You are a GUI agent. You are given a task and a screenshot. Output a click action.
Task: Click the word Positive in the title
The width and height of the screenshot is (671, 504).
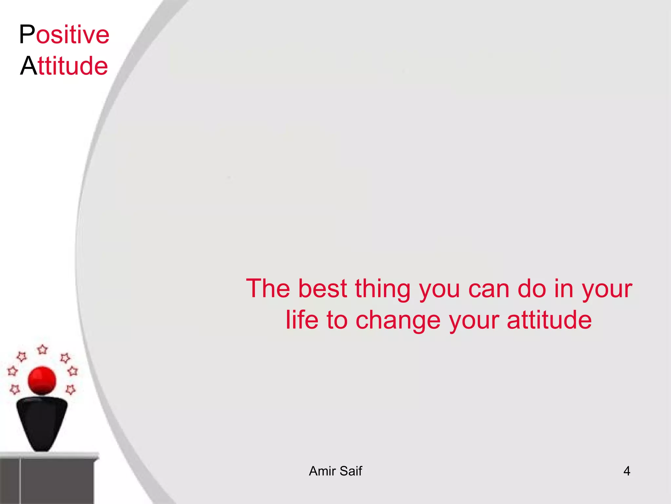tap(64, 34)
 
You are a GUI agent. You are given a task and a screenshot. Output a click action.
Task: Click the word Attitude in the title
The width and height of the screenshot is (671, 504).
tap(64, 66)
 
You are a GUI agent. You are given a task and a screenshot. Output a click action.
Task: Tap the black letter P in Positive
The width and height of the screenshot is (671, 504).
tap(27, 34)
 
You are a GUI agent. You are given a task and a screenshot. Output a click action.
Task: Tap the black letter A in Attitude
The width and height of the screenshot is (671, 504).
tap(29, 66)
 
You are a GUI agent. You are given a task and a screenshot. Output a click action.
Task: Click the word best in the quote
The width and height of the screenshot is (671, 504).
tap(322, 289)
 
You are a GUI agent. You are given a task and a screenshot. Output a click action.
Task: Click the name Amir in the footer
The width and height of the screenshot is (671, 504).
tap(322, 471)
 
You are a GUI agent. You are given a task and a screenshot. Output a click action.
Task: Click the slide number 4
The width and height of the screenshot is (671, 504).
tap(626, 471)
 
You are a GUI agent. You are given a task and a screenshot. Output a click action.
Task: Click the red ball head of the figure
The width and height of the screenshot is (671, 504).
tap(42, 381)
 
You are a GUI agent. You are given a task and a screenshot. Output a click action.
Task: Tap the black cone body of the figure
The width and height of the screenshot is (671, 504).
tap(42, 420)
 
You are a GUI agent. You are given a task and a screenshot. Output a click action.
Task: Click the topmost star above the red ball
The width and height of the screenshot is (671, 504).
tap(43, 349)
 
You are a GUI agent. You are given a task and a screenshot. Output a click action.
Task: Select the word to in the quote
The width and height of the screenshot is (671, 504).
tap(337, 320)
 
